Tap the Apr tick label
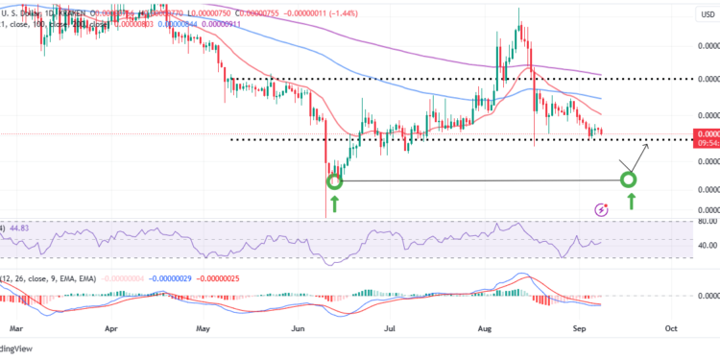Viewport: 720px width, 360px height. click(x=112, y=327)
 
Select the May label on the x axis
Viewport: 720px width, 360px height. click(x=204, y=327)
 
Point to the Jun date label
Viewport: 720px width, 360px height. click(x=298, y=327)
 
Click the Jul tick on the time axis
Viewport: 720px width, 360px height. click(x=390, y=327)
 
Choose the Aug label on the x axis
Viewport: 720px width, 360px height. click(x=484, y=327)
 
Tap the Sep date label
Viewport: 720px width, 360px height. click(x=578, y=327)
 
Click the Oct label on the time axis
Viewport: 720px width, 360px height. click(x=670, y=327)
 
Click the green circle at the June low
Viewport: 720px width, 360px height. click(x=334, y=180)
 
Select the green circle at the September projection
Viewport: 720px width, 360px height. click(x=629, y=180)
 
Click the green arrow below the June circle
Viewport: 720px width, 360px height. click(x=334, y=203)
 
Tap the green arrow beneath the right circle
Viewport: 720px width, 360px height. click(x=631, y=201)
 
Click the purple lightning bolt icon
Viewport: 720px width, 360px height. click(x=601, y=208)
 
